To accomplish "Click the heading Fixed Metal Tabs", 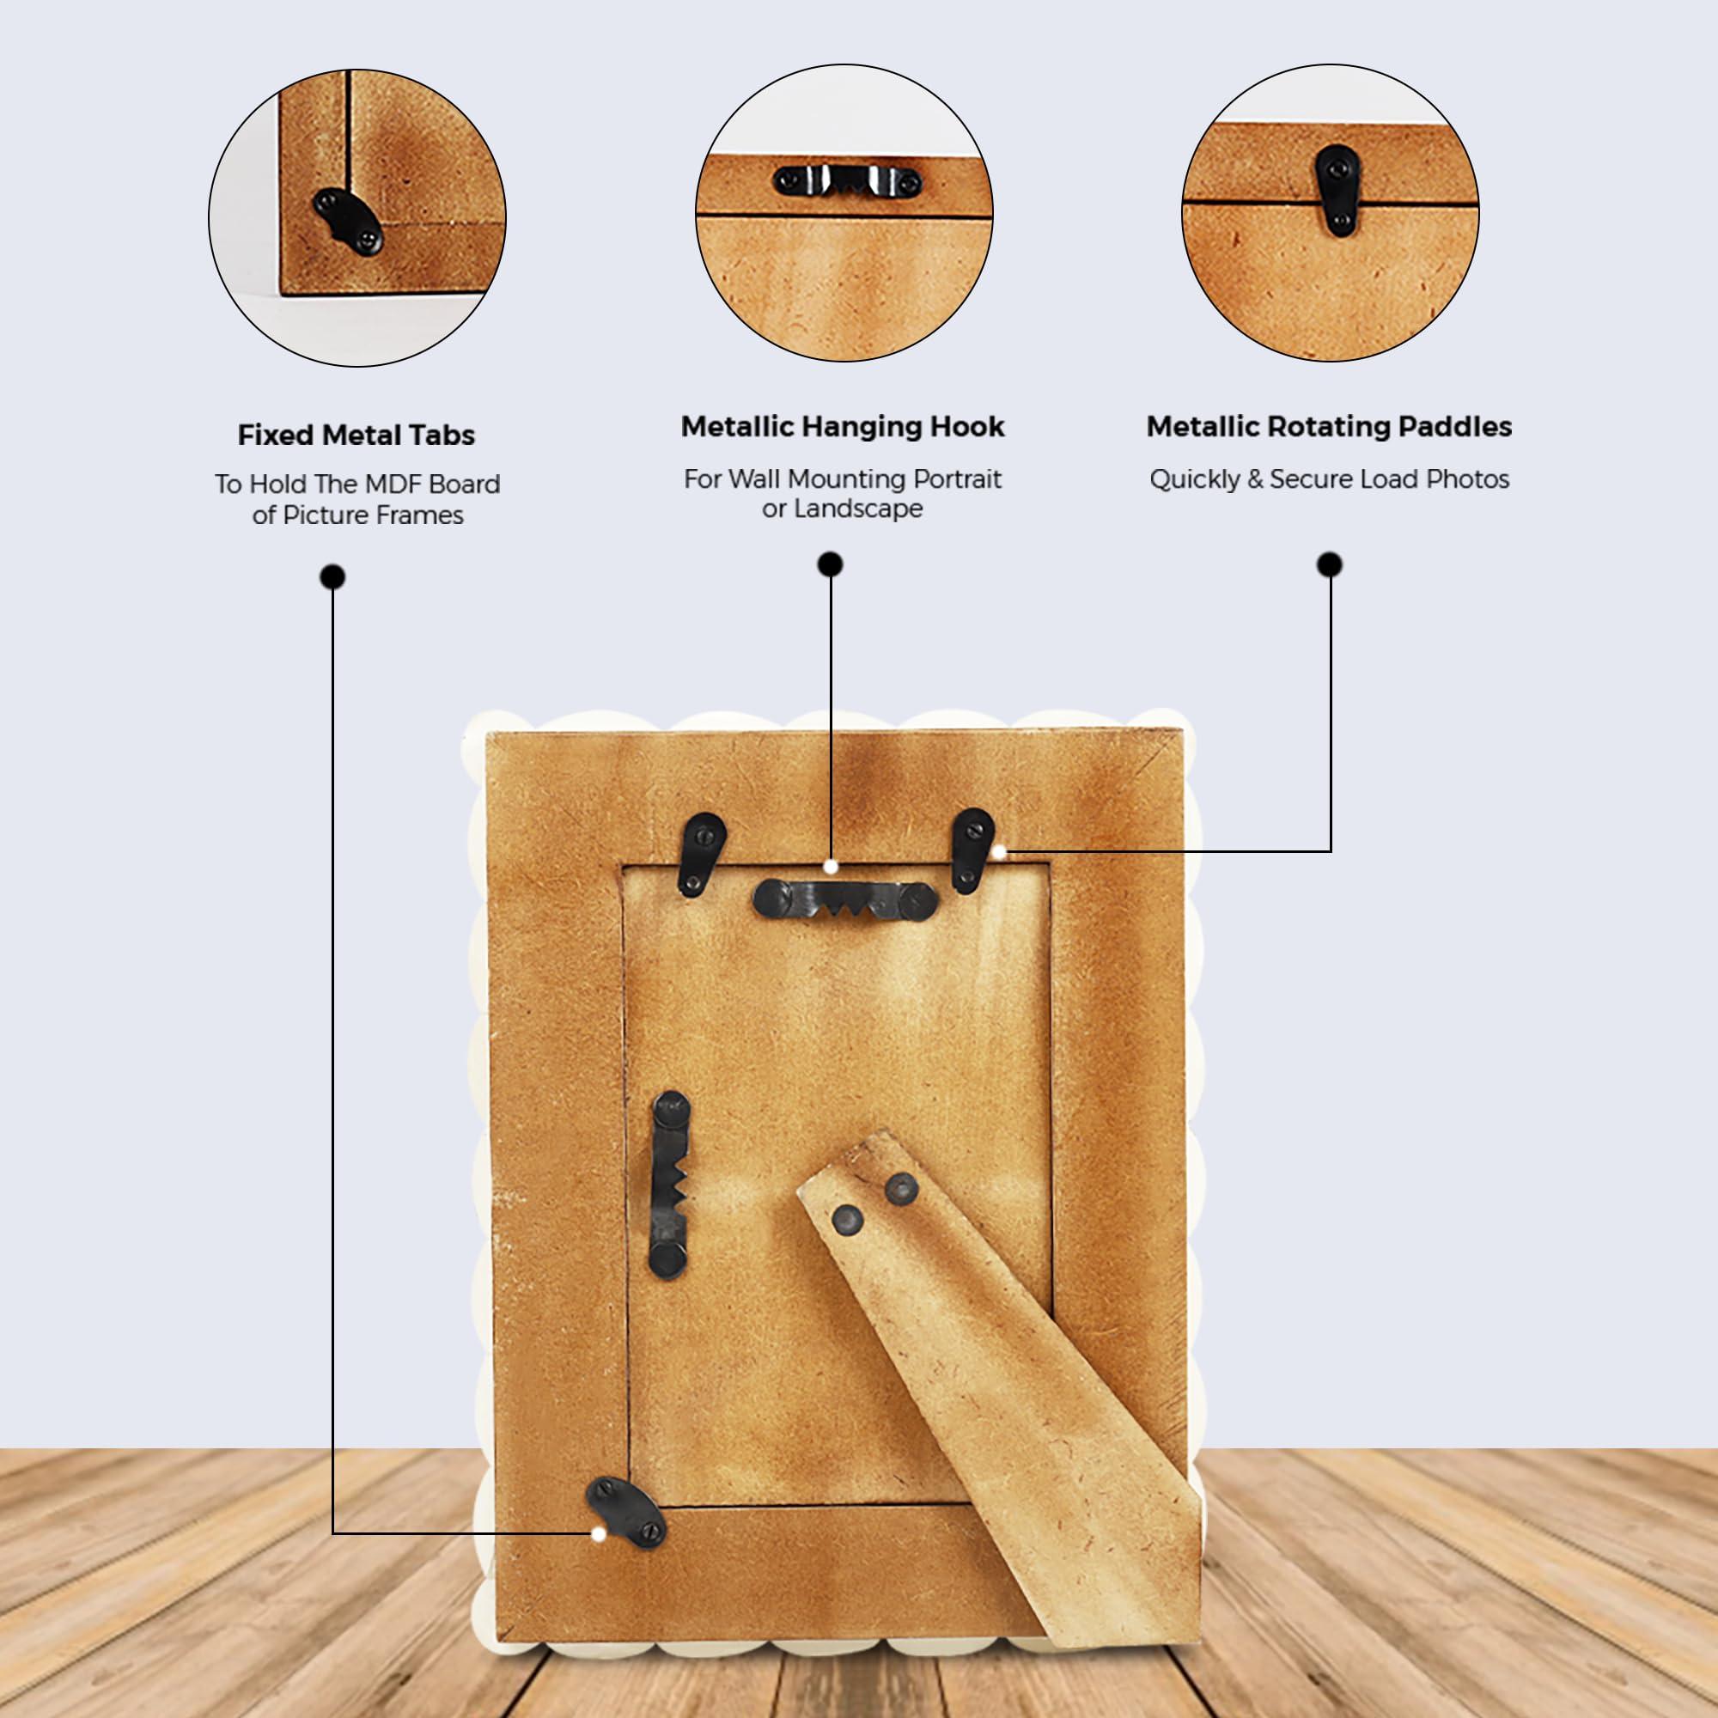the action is (356, 435).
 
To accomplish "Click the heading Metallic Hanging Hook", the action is (842, 427).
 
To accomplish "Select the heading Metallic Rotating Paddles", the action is (1329, 427).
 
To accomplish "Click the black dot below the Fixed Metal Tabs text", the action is (332, 578).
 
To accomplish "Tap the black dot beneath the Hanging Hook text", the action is (831, 564).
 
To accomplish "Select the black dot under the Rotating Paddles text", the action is (1330, 564).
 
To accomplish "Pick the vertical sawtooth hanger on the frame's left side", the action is (670, 1185).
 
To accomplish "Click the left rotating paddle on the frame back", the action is (702, 854).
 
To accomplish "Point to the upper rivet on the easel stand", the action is (903, 1188).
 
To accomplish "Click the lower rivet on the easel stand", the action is (849, 1220).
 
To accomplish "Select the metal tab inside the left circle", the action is (348, 222).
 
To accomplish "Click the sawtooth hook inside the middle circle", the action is (848, 181).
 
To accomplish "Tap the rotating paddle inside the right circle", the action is (1337, 192).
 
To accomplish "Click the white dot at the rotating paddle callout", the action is (999, 852).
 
